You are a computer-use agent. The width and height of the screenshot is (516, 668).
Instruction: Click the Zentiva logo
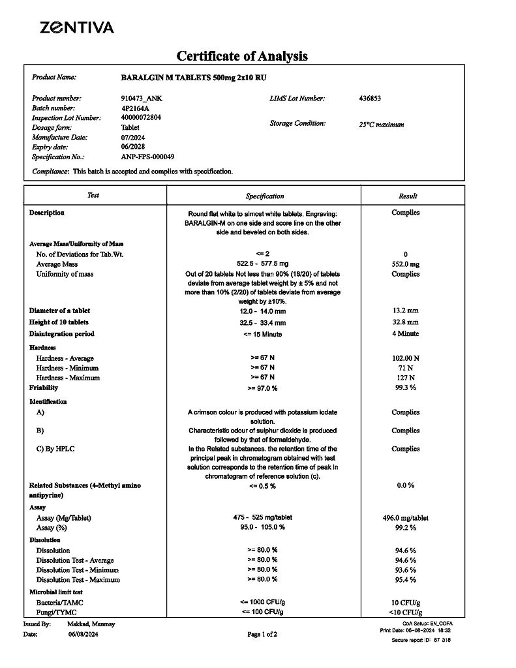76,27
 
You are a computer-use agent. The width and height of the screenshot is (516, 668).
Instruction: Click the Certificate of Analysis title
242,56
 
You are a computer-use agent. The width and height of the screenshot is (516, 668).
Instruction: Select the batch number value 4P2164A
135,108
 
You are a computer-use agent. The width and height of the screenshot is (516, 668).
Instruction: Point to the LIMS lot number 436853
370,99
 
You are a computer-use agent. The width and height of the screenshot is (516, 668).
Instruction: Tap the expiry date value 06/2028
133,147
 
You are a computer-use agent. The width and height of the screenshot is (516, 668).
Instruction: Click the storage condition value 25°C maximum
381,125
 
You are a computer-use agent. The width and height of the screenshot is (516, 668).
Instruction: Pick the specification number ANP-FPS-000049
147,157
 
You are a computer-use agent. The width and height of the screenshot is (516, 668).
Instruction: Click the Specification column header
265,196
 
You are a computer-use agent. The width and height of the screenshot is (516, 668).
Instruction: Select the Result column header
408,196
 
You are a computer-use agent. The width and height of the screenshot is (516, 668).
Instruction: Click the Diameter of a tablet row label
59,311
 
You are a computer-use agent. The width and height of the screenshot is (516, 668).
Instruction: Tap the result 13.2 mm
406,311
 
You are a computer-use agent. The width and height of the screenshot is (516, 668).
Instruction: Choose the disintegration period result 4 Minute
406,334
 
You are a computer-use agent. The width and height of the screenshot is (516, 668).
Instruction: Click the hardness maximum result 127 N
406,378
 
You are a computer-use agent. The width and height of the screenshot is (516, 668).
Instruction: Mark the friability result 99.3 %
406,387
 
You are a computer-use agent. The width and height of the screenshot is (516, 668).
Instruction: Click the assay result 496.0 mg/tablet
406,518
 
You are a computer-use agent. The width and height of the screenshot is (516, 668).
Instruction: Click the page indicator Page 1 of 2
262,634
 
